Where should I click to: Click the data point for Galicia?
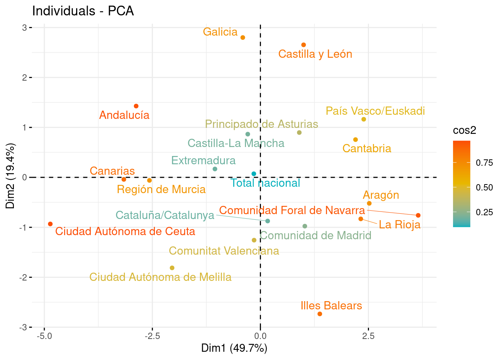[x=243, y=37]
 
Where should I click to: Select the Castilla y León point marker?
[x=304, y=45]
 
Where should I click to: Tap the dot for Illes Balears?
[x=320, y=314]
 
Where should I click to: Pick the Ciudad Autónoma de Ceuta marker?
[x=50, y=224]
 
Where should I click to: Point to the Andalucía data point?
[x=136, y=106]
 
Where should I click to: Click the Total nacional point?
[x=254, y=174]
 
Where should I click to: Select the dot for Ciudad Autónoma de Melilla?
[x=172, y=268]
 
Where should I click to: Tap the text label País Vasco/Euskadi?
[x=375, y=111]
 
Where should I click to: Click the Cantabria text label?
[x=367, y=148]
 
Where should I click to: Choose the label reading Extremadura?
[x=203, y=160]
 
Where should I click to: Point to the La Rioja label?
[x=399, y=225]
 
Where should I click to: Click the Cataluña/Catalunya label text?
[x=165, y=215]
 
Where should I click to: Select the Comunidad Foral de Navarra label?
[x=292, y=210]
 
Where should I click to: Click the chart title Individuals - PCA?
[x=83, y=11]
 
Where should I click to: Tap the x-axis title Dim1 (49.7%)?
[x=234, y=348]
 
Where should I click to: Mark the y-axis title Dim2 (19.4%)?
[x=11, y=176]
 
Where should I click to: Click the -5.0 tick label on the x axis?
[x=44, y=336]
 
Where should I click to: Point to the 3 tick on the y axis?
[x=24, y=27]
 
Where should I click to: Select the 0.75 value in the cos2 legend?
[x=484, y=163]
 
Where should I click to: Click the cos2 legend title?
[x=464, y=130]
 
